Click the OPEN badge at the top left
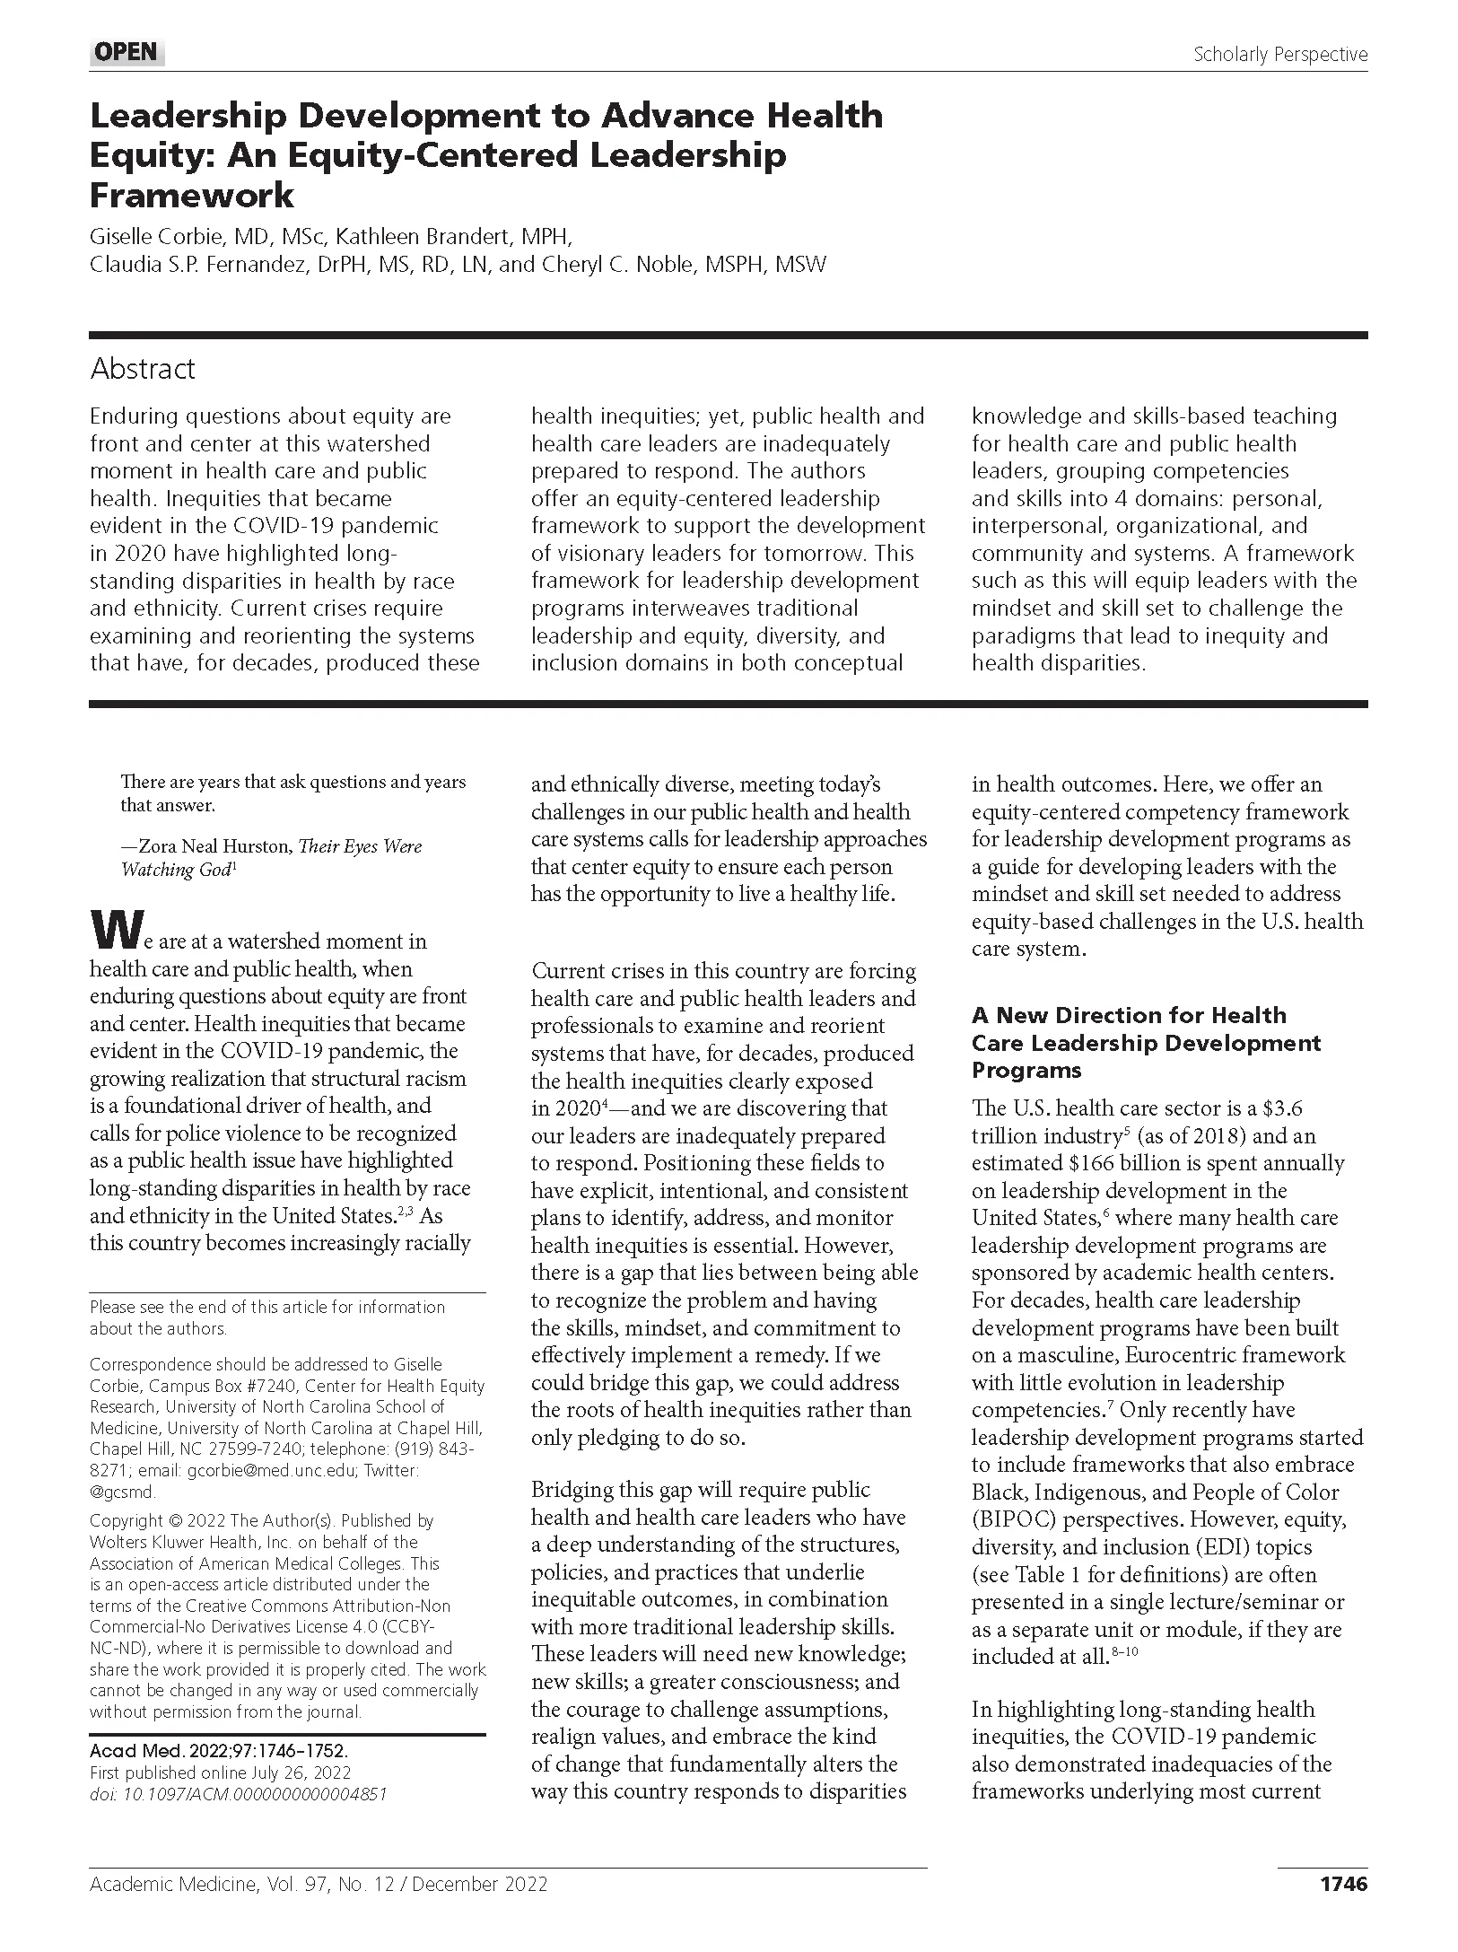[127, 52]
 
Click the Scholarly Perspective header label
[1279, 54]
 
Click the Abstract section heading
[142, 369]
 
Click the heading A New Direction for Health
[1129, 1015]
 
